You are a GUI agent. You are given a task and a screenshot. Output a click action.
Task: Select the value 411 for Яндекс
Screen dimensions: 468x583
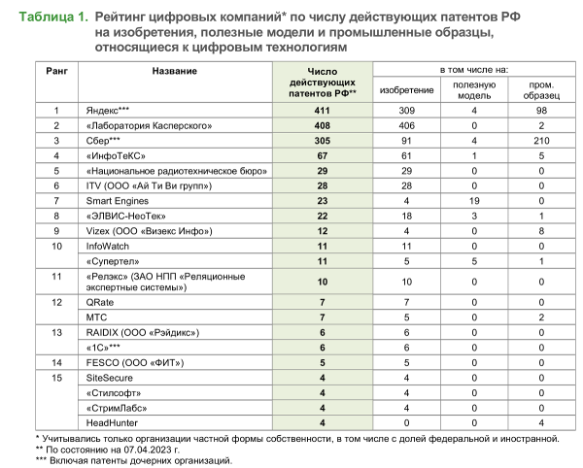pos(322,112)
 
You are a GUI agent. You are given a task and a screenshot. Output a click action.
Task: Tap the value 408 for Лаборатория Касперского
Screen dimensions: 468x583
pos(322,126)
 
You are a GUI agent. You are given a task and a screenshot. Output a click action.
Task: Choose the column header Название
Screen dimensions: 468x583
pos(175,72)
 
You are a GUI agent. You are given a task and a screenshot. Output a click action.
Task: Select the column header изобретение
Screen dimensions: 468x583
pos(406,89)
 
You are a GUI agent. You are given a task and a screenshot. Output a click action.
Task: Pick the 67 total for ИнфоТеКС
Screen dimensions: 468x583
pos(322,155)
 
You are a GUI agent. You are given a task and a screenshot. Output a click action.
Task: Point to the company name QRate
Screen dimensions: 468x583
pos(101,303)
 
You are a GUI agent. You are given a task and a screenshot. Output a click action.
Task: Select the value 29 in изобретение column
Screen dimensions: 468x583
pos(406,170)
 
